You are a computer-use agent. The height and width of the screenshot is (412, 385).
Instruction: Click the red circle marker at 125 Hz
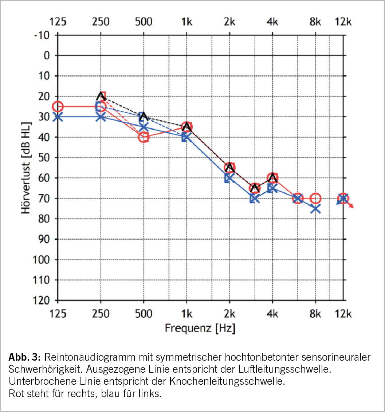tap(58, 107)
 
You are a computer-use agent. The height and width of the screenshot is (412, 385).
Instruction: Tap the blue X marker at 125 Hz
tap(58, 117)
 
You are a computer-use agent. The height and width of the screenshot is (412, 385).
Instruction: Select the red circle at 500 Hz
tap(144, 137)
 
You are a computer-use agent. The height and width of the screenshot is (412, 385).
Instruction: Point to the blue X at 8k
tap(315, 209)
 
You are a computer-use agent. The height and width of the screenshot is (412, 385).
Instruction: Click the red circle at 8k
tap(315, 199)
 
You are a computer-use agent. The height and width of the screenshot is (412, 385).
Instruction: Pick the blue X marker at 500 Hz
tap(144, 127)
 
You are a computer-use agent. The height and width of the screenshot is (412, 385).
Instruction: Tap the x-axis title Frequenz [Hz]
tap(200, 328)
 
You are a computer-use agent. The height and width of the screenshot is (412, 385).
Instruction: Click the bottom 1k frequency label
tap(186, 314)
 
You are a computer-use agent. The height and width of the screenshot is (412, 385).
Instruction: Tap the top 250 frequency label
tap(101, 21)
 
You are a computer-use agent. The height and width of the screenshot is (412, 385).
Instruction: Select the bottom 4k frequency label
tap(272, 314)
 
